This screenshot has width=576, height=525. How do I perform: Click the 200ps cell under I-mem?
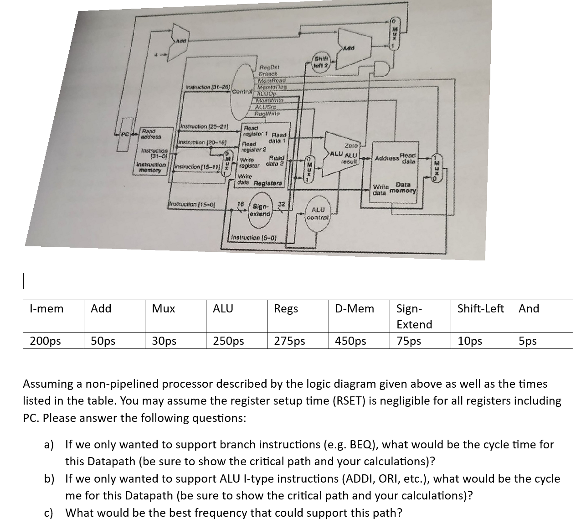(x=45, y=341)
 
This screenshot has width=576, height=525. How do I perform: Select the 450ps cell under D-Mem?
(x=350, y=341)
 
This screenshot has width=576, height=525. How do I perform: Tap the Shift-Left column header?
(x=481, y=309)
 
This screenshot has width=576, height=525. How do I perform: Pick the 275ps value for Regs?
(x=289, y=341)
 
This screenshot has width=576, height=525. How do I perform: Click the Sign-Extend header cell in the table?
(x=414, y=316)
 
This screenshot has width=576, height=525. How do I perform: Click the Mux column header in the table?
(x=164, y=309)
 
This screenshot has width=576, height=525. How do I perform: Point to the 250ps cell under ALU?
(x=228, y=341)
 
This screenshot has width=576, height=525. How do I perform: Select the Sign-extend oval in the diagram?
(x=261, y=210)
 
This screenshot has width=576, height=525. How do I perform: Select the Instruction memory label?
(x=151, y=166)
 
